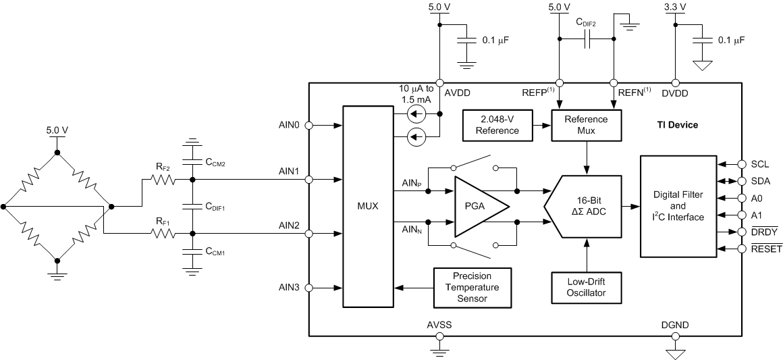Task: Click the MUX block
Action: (367, 206)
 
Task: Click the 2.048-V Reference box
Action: (497, 125)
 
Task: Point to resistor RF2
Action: (163, 180)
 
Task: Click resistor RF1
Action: (163, 234)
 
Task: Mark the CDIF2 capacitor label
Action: (587, 22)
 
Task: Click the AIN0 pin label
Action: (290, 125)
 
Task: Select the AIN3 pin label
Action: (290, 288)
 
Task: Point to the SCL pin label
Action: (760, 164)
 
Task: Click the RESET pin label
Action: (765, 249)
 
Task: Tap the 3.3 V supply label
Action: (674, 7)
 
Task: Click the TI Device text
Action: (678, 125)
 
